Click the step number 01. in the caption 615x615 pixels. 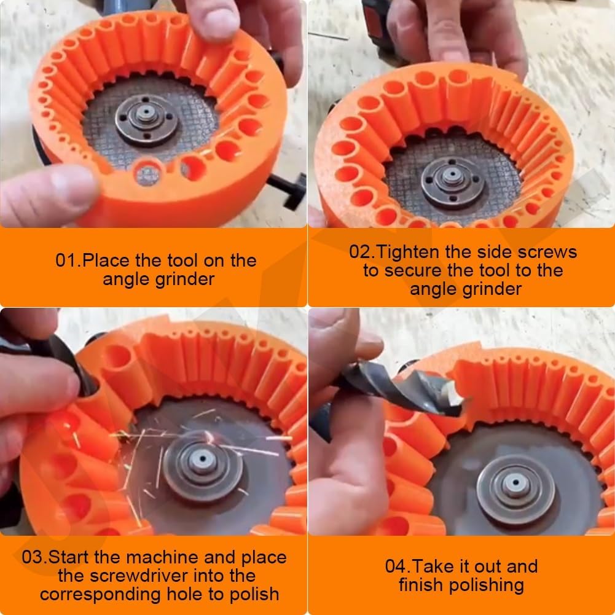pos(68,260)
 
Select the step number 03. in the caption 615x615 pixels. pos(34,558)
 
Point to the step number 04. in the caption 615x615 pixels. pos(398,566)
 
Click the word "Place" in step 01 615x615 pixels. pos(106,260)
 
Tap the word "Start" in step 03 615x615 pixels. pos(72,558)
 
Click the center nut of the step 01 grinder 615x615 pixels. pos(147,116)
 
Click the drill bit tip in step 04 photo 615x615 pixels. pos(455,396)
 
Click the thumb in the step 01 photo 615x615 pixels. pos(43,194)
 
